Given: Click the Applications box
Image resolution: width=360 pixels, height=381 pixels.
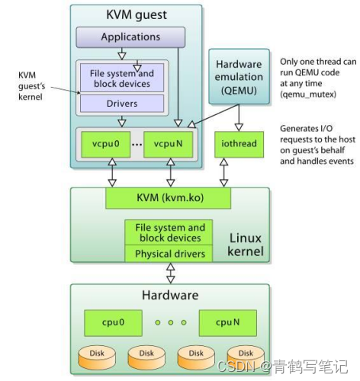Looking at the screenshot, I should click(130, 37).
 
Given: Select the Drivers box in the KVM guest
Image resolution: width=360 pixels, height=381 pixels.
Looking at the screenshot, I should click(122, 102).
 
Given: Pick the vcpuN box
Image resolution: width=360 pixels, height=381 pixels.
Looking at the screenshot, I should click(167, 142).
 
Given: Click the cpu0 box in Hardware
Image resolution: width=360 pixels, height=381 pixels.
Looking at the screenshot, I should click(111, 322).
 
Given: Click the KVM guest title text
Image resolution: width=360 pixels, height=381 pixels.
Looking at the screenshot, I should click(137, 14).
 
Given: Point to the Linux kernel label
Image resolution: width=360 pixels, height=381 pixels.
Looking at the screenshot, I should click(245, 245).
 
